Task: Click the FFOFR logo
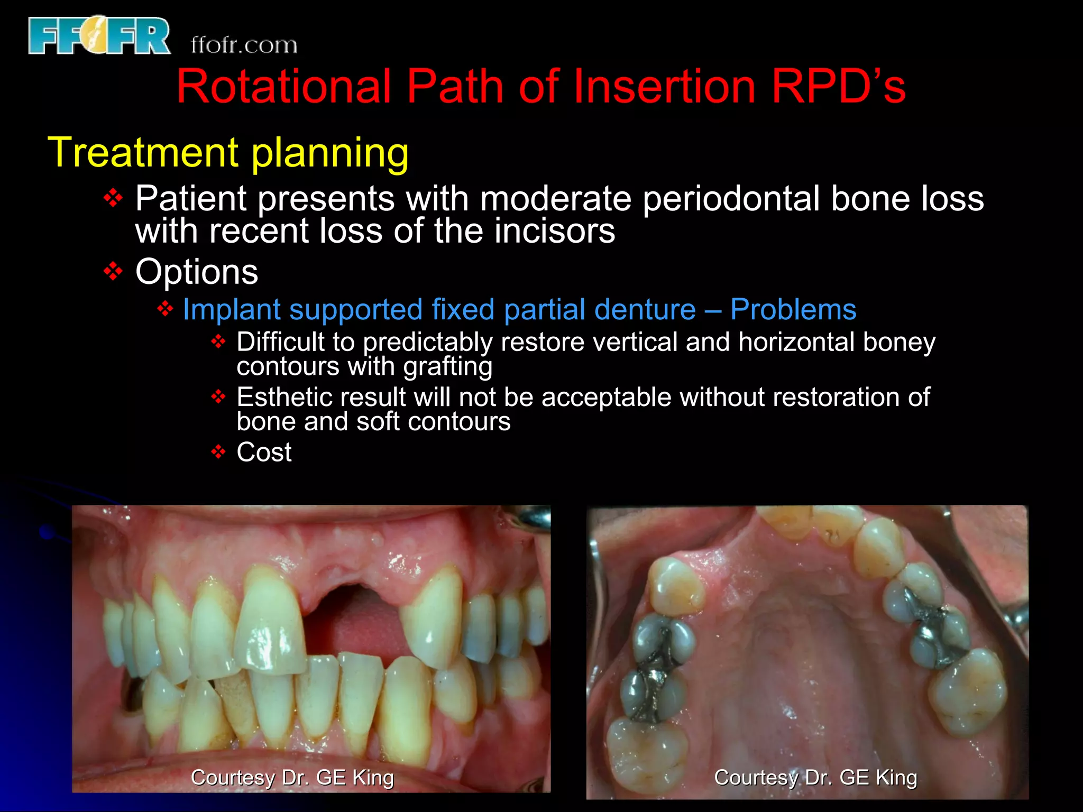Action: pyautogui.click(x=99, y=36)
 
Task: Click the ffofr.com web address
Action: pyautogui.click(x=244, y=45)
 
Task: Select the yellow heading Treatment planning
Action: pyautogui.click(x=228, y=152)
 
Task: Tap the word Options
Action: pyautogui.click(x=197, y=272)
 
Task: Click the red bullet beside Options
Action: pyautogui.click(x=113, y=272)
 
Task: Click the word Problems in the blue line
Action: pyautogui.click(x=793, y=309)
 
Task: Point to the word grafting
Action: pyautogui.click(x=447, y=366)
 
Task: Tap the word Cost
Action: pyautogui.click(x=264, y=452)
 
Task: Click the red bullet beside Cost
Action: pyautogui.click(x=218, y=452)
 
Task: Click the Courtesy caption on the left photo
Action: pyautogui.click(x=292, y=777)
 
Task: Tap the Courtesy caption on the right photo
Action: pyautogui.click(x=815, y=777)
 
